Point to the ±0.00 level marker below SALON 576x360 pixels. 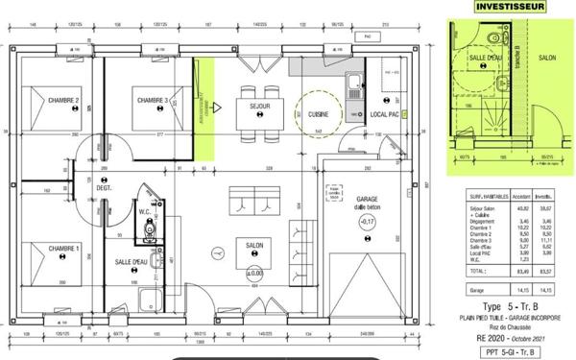254,272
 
